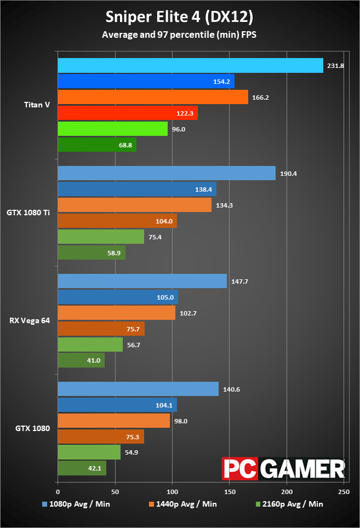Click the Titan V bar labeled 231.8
190,65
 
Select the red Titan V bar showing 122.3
128,113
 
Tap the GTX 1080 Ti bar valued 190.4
167,173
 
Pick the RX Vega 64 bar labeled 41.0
81,360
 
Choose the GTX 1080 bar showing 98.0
114,421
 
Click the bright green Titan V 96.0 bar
113,129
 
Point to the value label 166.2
260,97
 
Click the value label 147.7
239,282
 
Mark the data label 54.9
132,452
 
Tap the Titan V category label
37,105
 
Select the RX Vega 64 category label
30,320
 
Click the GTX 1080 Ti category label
28,213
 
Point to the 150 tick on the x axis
230,492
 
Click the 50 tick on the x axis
115,492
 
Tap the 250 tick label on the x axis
344,492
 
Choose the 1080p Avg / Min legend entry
76,504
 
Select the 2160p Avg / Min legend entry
289,504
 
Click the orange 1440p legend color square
151,504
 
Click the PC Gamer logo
283,468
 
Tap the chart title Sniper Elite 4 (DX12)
179,17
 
